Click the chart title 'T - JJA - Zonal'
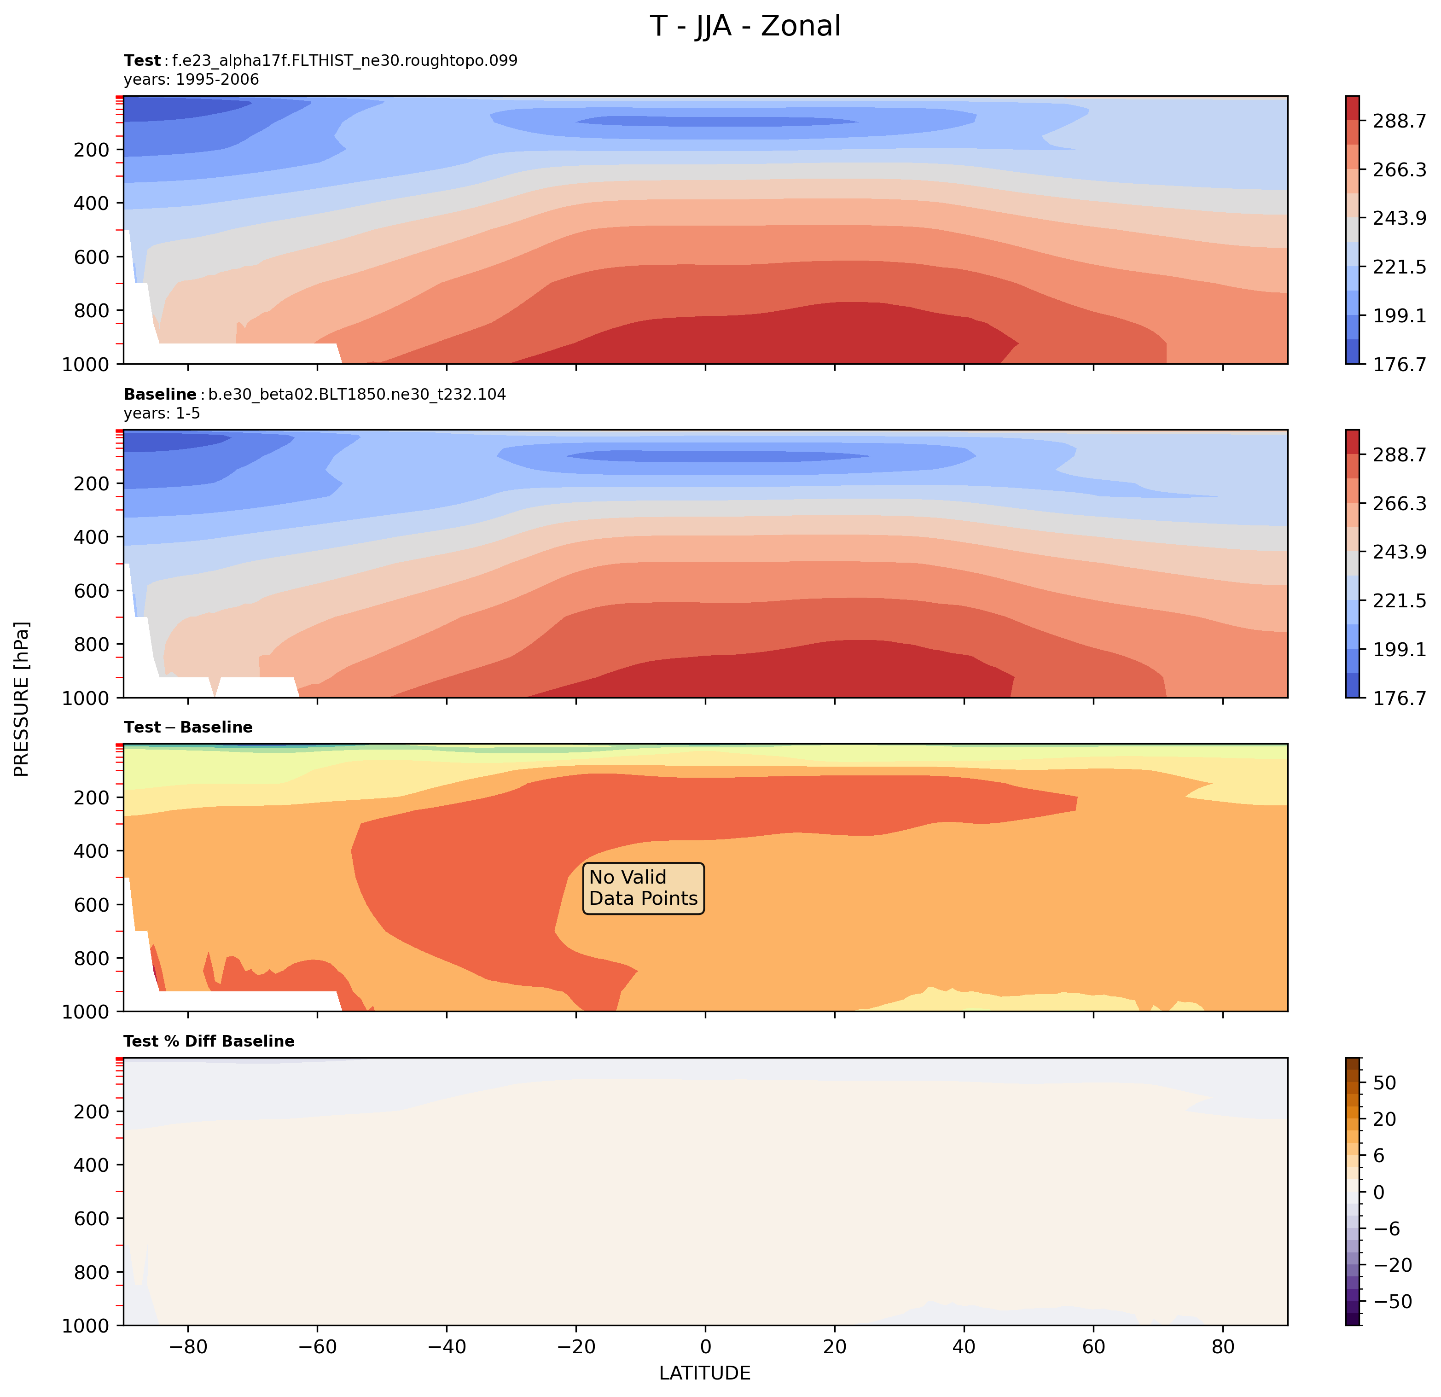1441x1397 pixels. point(745,26)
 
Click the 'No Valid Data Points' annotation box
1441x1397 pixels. point(643,888)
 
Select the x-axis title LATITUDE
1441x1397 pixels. point(704,1374)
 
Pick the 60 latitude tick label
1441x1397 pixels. point(1093,1347)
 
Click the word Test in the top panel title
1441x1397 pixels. point(142,60)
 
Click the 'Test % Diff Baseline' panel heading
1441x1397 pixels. point(209,1041)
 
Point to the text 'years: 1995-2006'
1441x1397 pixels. point(191,79)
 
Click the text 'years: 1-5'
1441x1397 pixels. point(162,413)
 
